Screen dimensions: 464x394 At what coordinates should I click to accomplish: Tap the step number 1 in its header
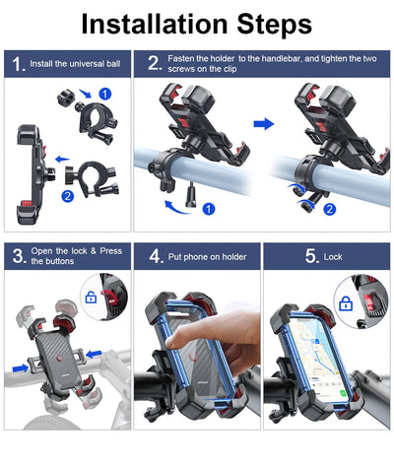tap(18, 65)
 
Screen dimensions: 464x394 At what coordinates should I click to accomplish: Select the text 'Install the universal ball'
tap(77, 65)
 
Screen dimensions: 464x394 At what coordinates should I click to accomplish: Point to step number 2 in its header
tap(154, 65)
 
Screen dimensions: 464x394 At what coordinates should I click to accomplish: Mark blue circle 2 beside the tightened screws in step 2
tap(331, 209)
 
